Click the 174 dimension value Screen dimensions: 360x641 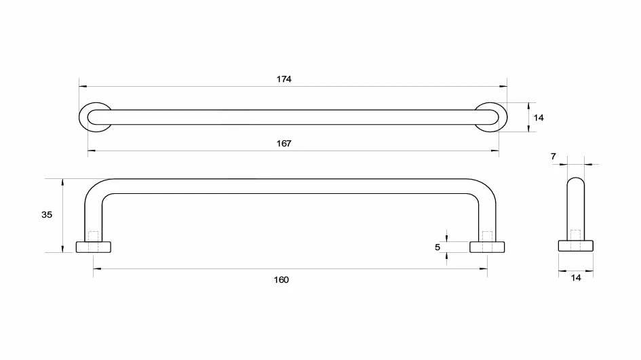(x=284, y=79)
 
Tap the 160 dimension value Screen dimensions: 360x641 (x=281, y=280)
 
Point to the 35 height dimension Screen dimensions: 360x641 (x=47, y=215)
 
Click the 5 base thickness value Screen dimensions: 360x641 (x=438, y=247)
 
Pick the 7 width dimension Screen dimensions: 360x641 (x=553, y=157)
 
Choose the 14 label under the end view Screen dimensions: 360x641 (x=576, y=277)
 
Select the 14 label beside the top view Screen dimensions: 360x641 (x=539, y=118)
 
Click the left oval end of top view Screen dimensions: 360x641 (x=94, y=117)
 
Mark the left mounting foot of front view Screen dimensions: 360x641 (x=94, y=247)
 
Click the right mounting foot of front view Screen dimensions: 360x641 (x=487, y=247)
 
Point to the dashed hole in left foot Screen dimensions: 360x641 (x=94, y=241)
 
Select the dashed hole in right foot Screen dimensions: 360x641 (x=487, y=240)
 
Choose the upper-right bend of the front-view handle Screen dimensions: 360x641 (x=488, y=190)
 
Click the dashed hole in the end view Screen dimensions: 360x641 (x=575, y=236)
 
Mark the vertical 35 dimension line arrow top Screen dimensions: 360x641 (x=62, y=181)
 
